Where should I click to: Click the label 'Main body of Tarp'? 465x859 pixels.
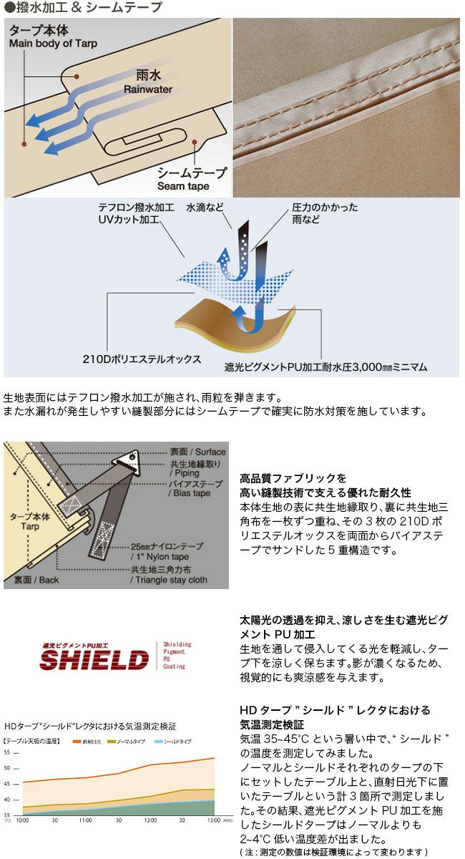tap(53, 44)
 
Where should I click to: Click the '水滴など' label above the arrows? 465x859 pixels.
tap(205, 208)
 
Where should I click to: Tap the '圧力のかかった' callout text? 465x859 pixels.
tap(326, 208)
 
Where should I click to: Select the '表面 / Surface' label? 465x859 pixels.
tap(197, 452)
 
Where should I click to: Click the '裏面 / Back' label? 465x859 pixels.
tap(36, 579)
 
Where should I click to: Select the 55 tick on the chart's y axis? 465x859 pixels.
tap(8, 752)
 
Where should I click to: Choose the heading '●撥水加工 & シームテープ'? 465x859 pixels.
tap(83, 8)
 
